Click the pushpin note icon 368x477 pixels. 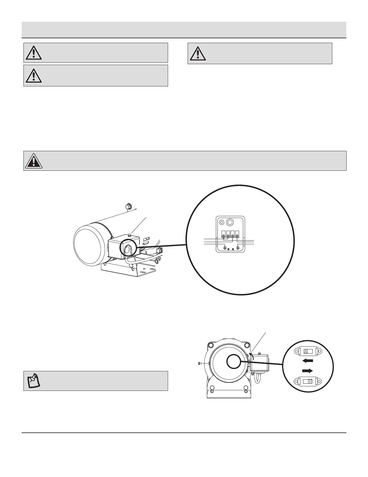[x=34, y=381]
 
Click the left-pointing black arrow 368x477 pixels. [x=308, y=360]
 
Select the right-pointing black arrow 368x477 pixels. [x=308, y=370]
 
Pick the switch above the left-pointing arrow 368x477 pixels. [x=308, y=351]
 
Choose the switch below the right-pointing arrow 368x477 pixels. [x=308, y=382]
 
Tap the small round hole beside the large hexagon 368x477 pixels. [x=222, y=223]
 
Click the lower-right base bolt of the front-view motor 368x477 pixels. [x=246, y=388]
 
